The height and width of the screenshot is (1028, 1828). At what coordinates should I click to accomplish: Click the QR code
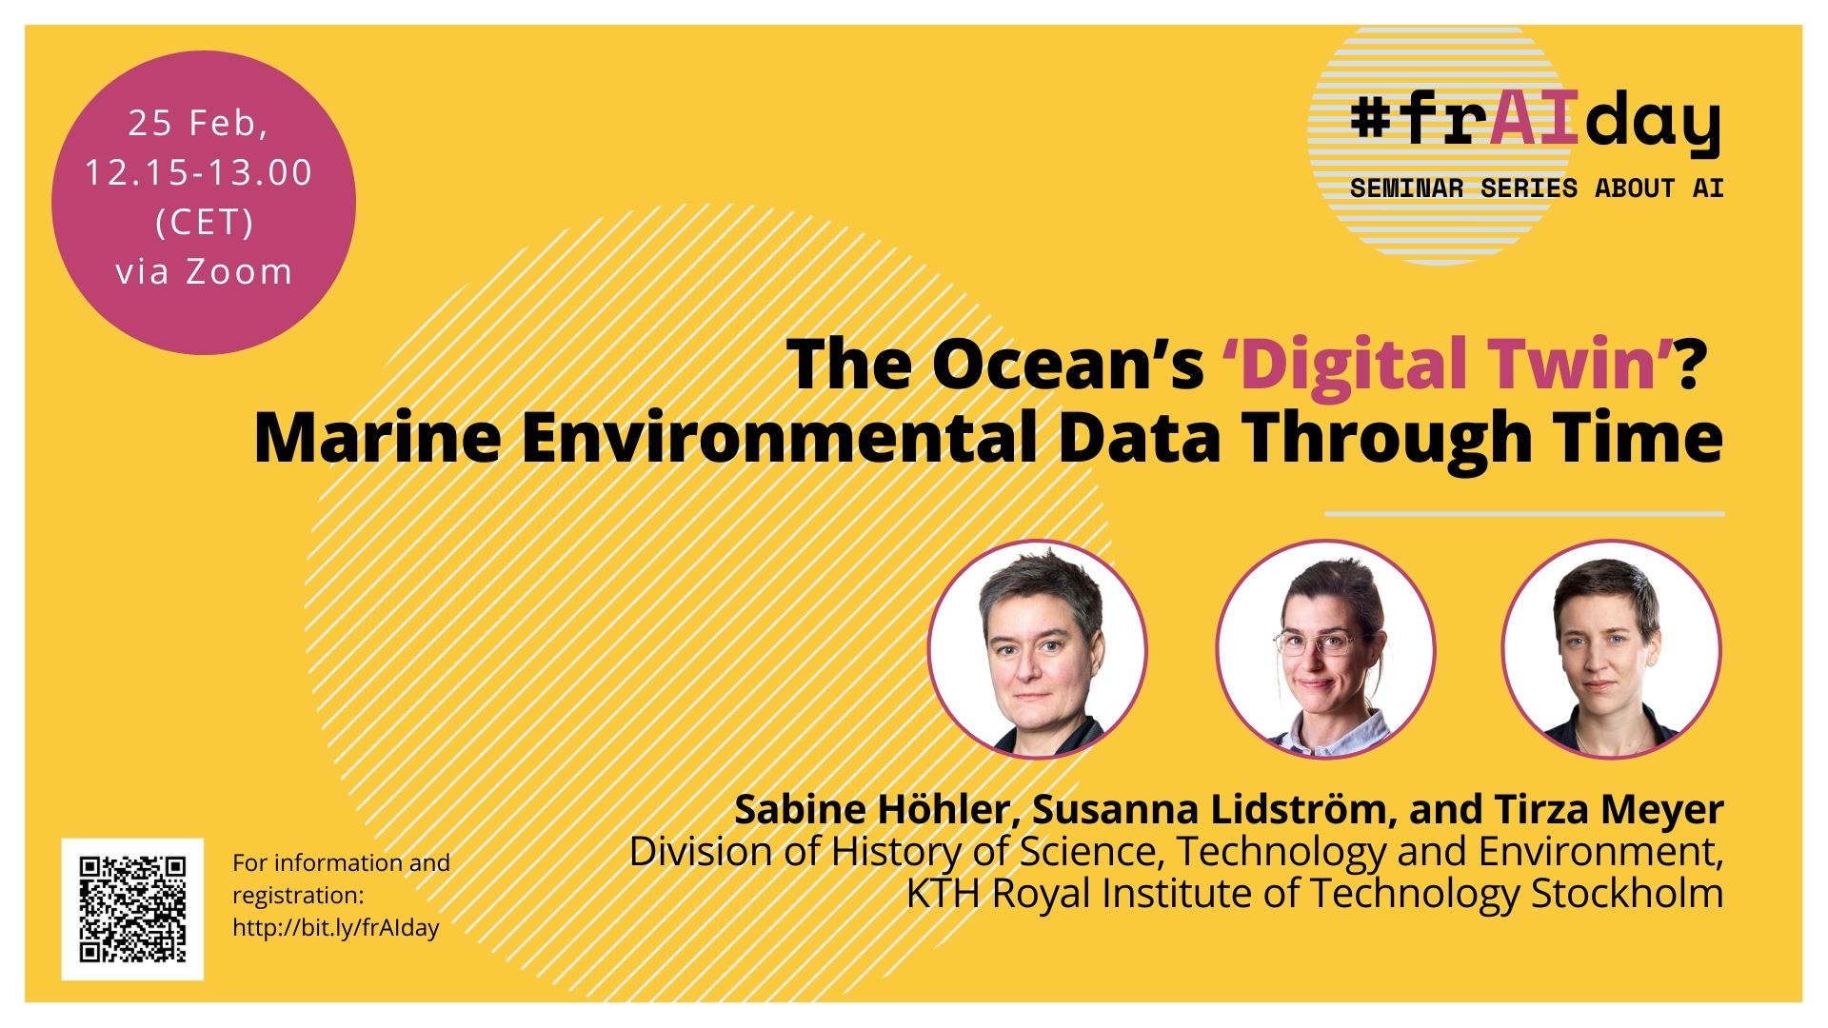pyautogui.click(x=132, y=909)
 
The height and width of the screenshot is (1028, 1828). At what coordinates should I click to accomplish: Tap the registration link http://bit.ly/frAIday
pyautogui.click(x=336, y=928)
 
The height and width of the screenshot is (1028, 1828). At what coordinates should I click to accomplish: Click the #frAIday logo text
pyautogui.click(x=1536, y=124)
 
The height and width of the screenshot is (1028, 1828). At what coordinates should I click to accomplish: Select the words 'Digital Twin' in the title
pyautogui.click(x=1448, y=365)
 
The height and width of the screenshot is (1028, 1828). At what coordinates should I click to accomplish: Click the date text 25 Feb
pyautogui.click(x=198, y=123)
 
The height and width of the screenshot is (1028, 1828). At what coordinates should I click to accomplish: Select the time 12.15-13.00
pyautogui.click(x=199, y=172)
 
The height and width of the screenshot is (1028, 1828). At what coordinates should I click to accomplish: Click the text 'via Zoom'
pyautogui.click(x=204, y=271)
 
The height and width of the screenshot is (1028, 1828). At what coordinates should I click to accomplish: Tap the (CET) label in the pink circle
pyautogui.click(x=204, y=222)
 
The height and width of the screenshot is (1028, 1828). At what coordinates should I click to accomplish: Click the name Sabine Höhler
pyautogui.click(x=871, y=809)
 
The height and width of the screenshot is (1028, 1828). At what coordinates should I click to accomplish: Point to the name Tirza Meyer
pyautogui.click(x=1609, y=809)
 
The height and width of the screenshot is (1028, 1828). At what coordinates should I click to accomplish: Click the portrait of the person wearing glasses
pyautogui.click(x=1325, y=649)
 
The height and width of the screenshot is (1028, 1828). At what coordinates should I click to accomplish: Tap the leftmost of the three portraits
pyautogui.click(x=1038, y=649)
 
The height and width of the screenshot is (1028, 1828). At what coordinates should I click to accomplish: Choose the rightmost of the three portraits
pyautogui.click(x=1612, y=649)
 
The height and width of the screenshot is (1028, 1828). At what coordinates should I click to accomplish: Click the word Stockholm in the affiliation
pyautogui.click(x=1627, y=893)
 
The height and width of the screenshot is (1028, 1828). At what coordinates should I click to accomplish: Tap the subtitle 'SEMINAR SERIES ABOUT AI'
pyautogui.click(x=1537, y=188)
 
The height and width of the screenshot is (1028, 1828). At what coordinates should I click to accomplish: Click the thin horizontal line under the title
pyautogui.click(x=1524, y=514)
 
